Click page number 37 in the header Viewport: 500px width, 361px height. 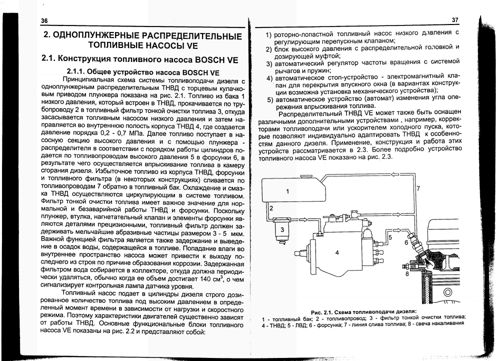454,20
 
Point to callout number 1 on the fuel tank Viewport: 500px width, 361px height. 287,190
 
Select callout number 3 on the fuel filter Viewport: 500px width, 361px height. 282,229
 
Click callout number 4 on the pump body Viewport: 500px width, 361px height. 337,253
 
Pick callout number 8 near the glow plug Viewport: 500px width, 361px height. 406,273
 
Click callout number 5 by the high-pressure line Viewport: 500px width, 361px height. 390,237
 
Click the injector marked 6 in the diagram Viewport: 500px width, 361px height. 416,246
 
